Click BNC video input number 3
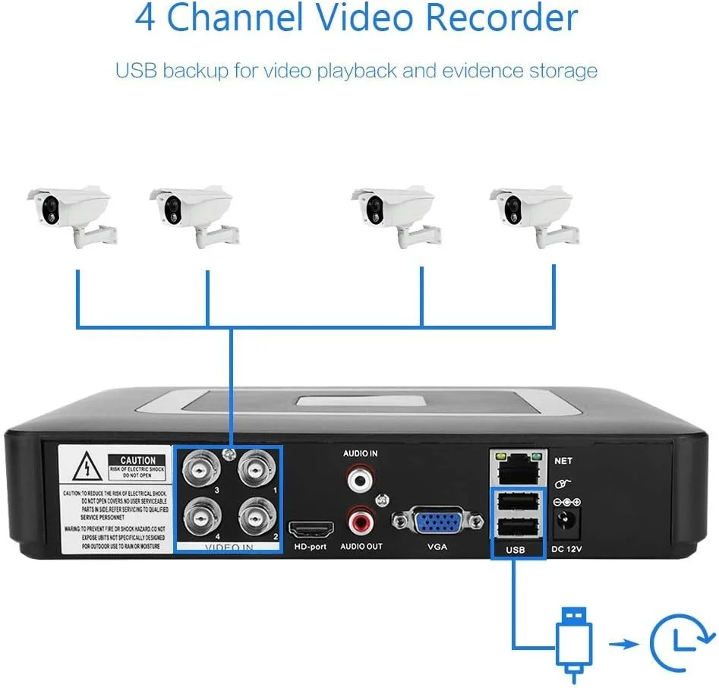pos(200,473)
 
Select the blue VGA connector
pos(437,522)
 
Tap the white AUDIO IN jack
pos(360,478)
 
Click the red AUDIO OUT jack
pos(361,522)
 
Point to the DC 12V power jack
pos(567,521)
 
